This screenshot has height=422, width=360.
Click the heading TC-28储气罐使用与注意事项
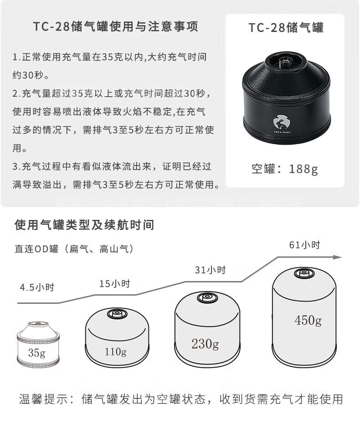pos(115,27)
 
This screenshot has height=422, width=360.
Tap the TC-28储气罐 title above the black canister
pos(286,28)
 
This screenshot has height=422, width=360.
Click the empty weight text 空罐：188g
pos(285,169)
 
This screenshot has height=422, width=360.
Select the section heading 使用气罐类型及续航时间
pos(84,225)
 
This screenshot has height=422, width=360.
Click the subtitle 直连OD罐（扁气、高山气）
pos(74,249)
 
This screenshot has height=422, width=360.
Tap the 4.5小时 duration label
pos(37,287)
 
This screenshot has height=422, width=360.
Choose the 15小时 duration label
pos(115,284)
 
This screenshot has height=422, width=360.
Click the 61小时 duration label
pos(304,245)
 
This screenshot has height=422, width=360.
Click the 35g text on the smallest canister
pos(36,352)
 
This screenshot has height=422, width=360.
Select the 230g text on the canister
pos(205,344)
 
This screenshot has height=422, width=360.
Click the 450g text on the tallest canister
pos(308,320)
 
